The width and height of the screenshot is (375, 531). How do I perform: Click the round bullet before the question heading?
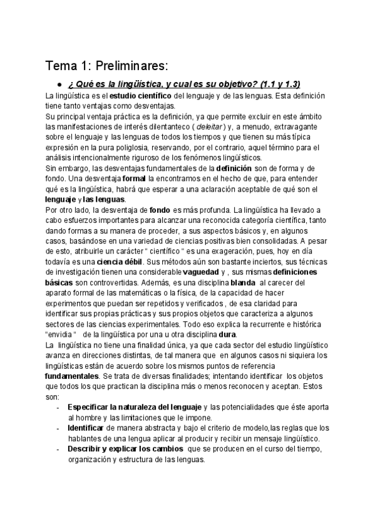[59, 85]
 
